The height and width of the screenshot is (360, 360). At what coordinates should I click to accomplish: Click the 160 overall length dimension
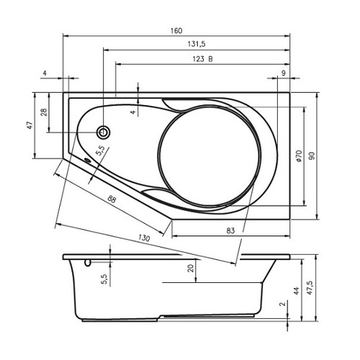point(176,31)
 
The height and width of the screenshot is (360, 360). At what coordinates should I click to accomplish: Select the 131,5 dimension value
point(197,44)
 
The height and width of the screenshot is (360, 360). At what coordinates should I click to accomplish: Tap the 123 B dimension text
point(202,59)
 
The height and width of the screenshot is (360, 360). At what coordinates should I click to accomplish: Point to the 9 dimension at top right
point(284,73)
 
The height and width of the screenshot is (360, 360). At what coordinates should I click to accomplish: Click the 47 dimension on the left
point(30,125)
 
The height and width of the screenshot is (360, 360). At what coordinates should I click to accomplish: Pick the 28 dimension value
point(44,112)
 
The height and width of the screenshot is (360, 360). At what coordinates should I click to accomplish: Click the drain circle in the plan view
point(104,132)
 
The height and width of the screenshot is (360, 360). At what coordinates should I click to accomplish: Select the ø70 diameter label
point(299,156)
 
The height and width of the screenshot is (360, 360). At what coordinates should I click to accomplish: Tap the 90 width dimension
point(311,156)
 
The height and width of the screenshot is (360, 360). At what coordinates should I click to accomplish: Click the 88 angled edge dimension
point(112,199)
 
